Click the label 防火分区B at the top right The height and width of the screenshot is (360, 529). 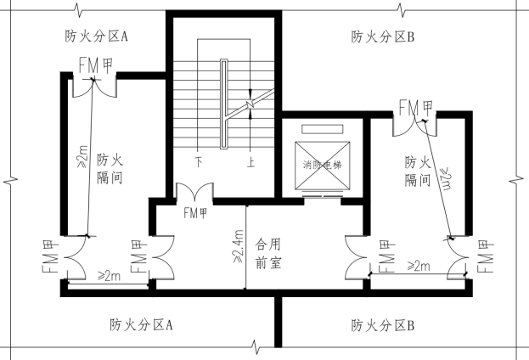382,37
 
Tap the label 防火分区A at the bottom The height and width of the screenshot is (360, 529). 141,324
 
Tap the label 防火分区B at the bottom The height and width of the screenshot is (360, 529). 382,324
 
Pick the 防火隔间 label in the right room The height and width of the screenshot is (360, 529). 416,170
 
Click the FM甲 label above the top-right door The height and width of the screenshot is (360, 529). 416,107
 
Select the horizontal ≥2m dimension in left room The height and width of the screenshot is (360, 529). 108,276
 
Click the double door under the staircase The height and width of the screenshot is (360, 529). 194,194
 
